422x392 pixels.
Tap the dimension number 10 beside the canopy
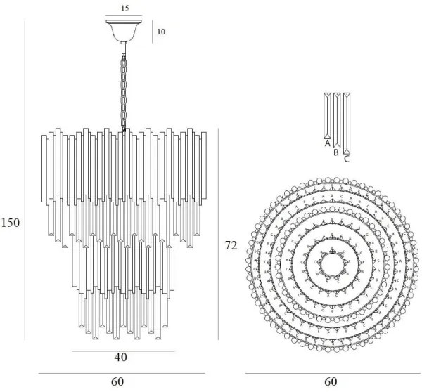coord(161,32)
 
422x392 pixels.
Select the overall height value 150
coord(11,222)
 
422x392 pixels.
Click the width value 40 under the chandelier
coord(120,358)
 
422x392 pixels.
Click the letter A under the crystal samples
coord(327,143)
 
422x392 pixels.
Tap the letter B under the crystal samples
coord(337,152)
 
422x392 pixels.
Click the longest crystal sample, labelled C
coord(346,123)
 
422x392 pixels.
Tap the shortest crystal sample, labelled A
coord(327,115)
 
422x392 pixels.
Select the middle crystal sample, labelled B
coord(337,119)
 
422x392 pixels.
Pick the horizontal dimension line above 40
coord(123,350)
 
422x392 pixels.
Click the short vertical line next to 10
coord(151,32)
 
